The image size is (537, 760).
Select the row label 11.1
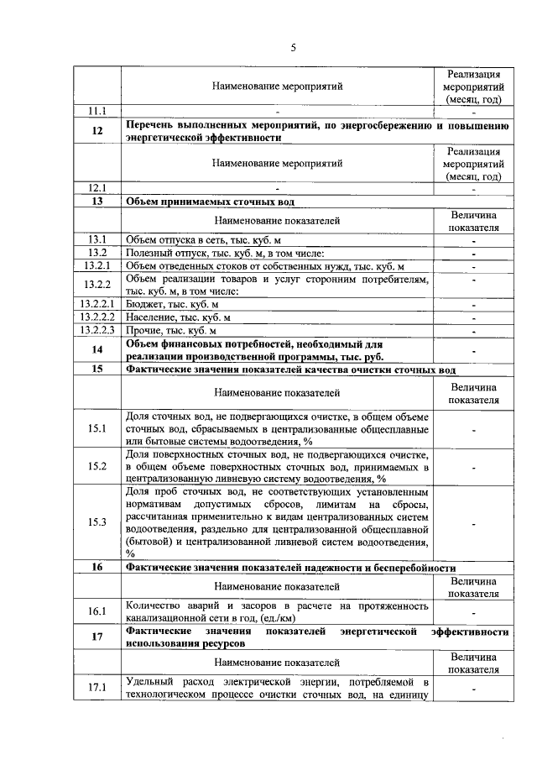tap(98, 111)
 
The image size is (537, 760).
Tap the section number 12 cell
tap(98, 131)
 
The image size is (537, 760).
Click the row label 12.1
tap(98, 188)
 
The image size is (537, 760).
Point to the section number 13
tap(98, 202)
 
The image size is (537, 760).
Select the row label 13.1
tap(98, 240)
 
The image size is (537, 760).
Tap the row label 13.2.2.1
tap(98, 304)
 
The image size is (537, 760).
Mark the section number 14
tap(98, 349)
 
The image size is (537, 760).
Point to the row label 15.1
tap(98, 428)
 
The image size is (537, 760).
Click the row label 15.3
tap(98, 522)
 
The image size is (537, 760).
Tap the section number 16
tap(98, 567)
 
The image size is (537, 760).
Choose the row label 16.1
tap(98, 611)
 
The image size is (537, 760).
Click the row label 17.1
tap(98, 688)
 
